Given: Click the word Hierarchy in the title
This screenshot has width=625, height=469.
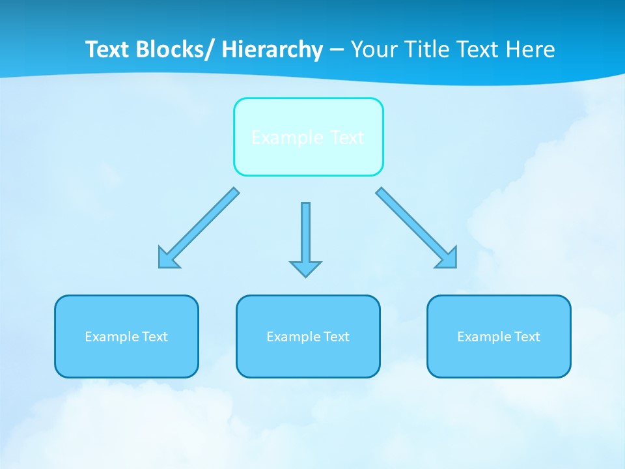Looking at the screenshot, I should [x=272, y=50].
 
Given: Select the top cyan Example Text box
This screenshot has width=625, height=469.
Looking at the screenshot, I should [x=308, y=137].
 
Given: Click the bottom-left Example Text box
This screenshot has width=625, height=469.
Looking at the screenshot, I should [x=126, y=336].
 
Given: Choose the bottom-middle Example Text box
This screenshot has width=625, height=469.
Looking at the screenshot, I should [x=308, y=336].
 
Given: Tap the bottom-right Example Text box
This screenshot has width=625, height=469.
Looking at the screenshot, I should [x=499, y=336].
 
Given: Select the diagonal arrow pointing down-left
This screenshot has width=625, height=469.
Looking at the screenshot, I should [x=199, y=227].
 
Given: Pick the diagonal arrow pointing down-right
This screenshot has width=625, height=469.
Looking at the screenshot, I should [x=416, y=227].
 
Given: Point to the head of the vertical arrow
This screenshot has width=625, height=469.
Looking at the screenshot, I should [x=305, y=268].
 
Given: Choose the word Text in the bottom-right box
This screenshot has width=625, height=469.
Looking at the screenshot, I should [x=527, y=337].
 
